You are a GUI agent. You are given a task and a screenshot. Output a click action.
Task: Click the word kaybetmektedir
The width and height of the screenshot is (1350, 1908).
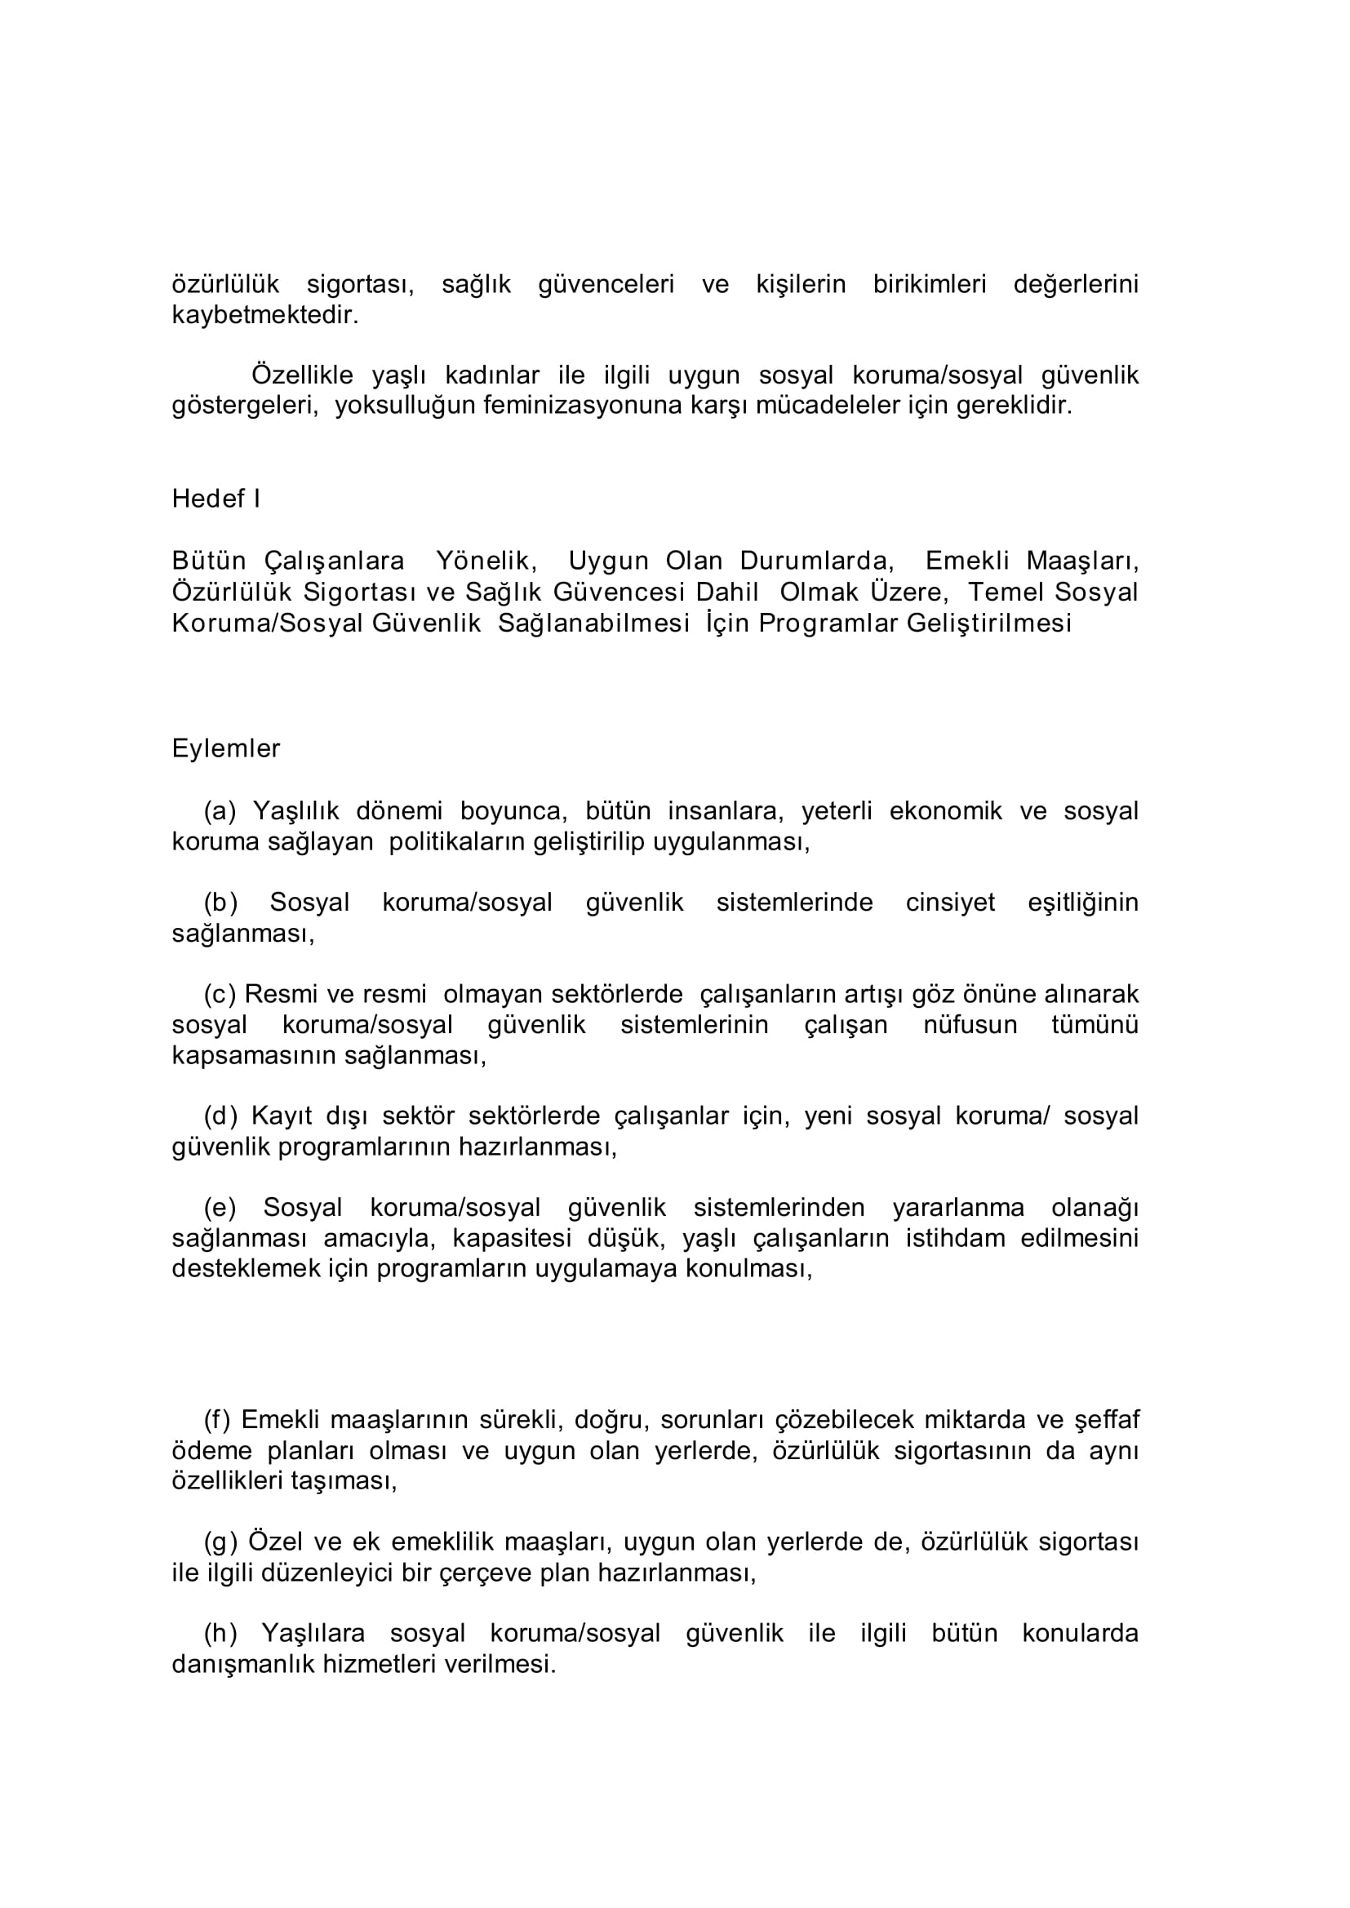pyautogui.click(x=265, y=316)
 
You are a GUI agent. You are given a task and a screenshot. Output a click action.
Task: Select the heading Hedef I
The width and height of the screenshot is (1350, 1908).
pyautogui.click(x=216, y=499)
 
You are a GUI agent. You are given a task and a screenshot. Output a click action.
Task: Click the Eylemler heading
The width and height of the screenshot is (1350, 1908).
pyautogui.click(x=226, y=748)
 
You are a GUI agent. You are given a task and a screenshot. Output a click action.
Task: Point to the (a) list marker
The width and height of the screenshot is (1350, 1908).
pyautogui.click(x=220, y=810)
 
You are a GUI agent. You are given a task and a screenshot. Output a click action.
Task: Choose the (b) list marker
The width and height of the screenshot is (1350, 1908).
pyautogui.click(x=220, y=903)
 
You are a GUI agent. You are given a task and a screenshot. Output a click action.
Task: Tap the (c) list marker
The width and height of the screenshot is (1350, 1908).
pyautogui.click(x=220, y=994)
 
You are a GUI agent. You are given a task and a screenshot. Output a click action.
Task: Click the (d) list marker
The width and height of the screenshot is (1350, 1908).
pyautogui.click(x=220, y=1116)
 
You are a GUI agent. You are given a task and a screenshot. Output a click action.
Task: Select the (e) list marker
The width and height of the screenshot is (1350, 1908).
pyautogui.click(x=220, y=1208)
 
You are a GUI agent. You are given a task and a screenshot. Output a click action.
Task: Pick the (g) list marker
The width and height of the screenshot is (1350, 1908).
pyautogui.click(x=220, y=1542)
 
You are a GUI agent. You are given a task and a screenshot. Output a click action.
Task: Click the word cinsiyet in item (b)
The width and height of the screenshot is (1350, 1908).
pyautogui.click(x=950, y=903)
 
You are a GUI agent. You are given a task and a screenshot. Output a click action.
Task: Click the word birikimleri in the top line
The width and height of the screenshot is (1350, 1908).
pyautogui.click(x=930, y=285)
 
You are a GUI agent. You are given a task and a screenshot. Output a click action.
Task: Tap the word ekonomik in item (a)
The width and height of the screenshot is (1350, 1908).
pyautogui.click(x=946, y=810)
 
